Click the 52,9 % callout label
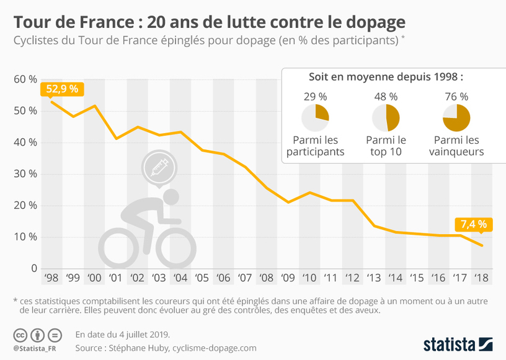(61, 89)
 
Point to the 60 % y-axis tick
(25, 79)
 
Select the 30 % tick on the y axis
(25, 174)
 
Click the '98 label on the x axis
(52, 278)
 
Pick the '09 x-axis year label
(288, 278)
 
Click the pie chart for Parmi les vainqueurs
(456, 117)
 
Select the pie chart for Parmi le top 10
(386, 117)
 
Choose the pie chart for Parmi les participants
(315, 117)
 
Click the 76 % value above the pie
(456, 97)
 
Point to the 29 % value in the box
(315, 97)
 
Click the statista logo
(458, 343)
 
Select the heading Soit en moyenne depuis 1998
(386, 77)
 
